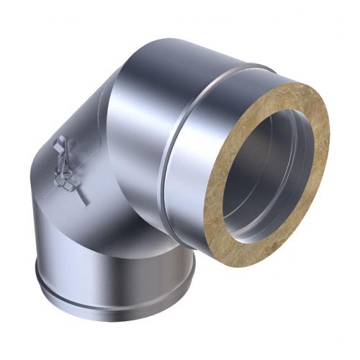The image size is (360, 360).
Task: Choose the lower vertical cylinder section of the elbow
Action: coord(108,245)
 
